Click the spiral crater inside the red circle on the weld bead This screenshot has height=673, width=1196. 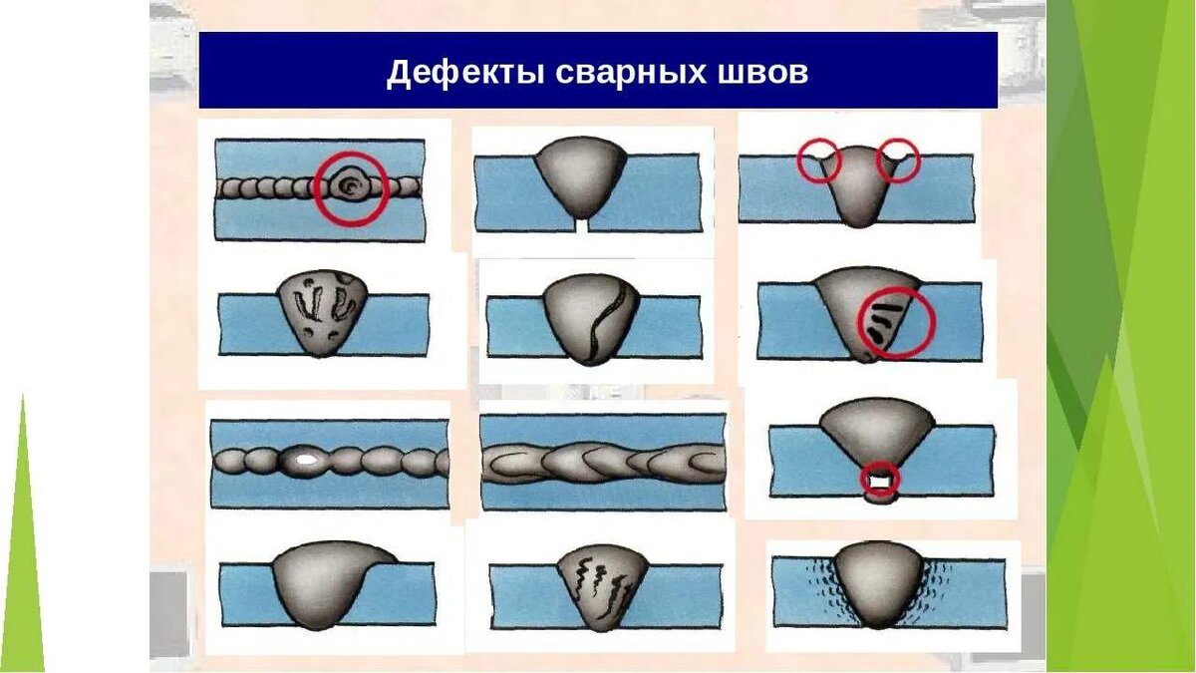(x=351, y=185)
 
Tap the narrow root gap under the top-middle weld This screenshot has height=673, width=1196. (x=583, y=225)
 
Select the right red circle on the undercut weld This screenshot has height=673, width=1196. (x=898, y=160)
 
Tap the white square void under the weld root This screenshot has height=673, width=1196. (x=879, y=484)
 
